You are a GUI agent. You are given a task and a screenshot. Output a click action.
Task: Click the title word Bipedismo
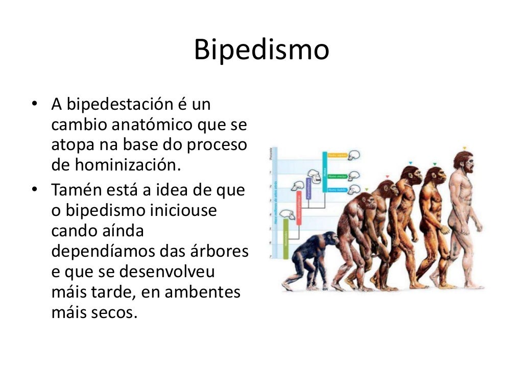[x=261, y=51]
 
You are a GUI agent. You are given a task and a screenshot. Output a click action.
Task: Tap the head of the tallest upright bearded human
[x=464, y=161]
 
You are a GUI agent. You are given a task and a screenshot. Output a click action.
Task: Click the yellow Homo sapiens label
[x=338, y=154]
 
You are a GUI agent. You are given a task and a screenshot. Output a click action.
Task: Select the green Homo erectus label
[x=338, y=176]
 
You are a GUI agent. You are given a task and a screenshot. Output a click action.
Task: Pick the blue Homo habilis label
[x=338, y=190]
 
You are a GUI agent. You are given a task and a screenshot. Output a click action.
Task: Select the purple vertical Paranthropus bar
[x=308, y=188]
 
